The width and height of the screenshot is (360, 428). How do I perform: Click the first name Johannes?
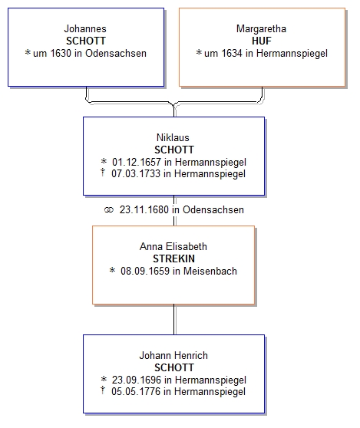click(x=85, y=28)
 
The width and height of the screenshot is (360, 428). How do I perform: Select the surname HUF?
click(x=262, y=41)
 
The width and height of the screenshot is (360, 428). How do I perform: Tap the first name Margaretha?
click(x=261, y=28)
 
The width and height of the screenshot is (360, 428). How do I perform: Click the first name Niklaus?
click(x=173, y=137)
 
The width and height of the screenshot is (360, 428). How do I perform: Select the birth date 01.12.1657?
click(x=137, y=162)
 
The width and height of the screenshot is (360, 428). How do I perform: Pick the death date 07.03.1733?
click(x=136, y=173)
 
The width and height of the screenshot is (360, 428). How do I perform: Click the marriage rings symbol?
click(x=109, y=210)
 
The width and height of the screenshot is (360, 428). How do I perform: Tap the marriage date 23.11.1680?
click(x=144, y=209)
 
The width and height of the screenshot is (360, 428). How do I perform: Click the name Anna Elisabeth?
click(x=173, y=246)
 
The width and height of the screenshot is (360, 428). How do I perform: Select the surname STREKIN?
click(x=173, y=258)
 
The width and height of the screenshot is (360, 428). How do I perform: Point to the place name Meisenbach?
click(x=210, y=271)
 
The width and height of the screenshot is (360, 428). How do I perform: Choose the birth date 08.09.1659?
click(x=145, y=271)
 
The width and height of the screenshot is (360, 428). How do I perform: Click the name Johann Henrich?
click(x=173, y=355)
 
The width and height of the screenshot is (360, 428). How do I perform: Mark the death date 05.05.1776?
click(x=136, y=391)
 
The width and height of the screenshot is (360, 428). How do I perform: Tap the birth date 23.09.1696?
click(x=137, y=380)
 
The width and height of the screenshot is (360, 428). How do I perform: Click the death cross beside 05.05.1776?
click(x=103, y=390)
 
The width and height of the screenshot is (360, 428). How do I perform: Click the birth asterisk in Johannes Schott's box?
click(x=28, y=52)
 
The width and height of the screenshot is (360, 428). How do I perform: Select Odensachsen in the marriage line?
click(x=213, y=209)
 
